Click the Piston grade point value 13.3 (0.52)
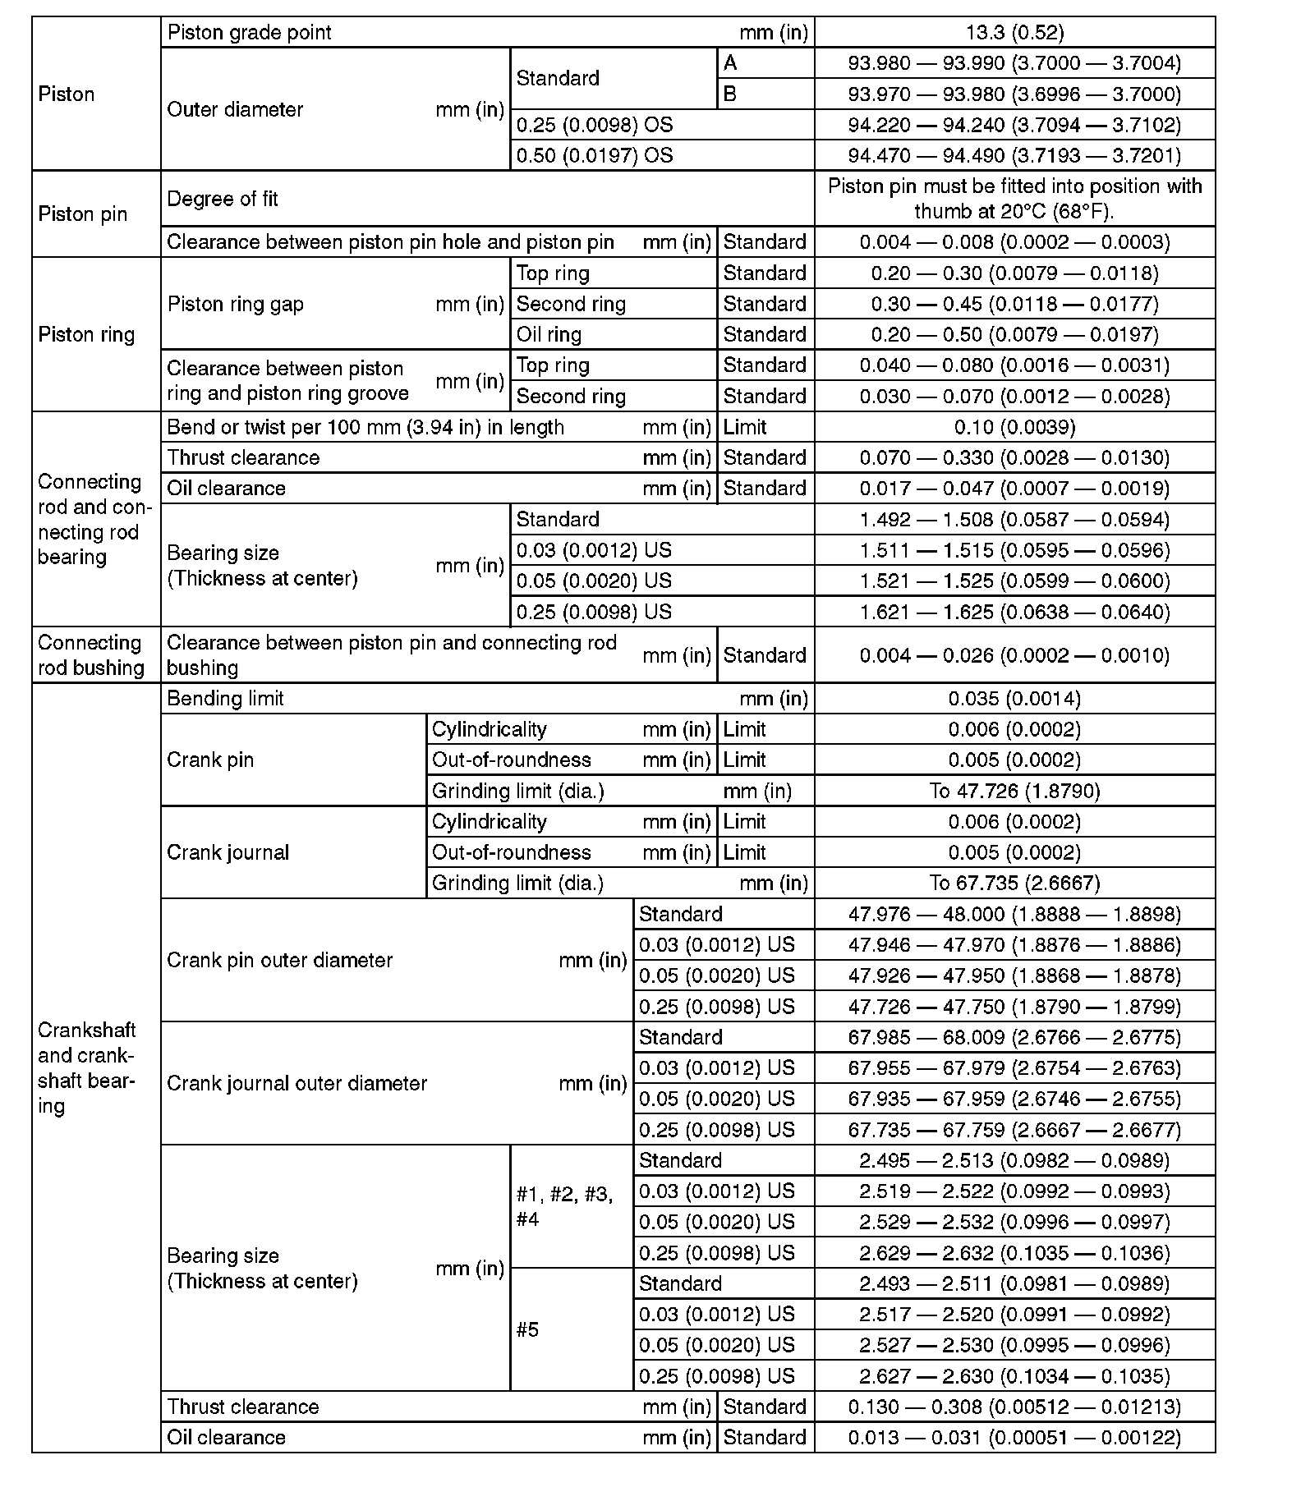point(1014,33)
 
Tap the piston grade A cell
point(730,63)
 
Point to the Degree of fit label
point(223,199)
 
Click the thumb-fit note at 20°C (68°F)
point(1014,199)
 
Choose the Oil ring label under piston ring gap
point(549,335)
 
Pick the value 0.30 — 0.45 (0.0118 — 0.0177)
point(1014,305)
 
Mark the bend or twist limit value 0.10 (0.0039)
point(1014,428)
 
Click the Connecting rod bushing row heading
point(91,655)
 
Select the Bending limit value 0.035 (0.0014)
point(1014,699)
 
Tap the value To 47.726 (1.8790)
point(1014,791)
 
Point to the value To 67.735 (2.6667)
point(1014,884)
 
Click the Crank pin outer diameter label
point(280,960)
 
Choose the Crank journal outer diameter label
point(297,1084)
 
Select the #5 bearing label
point(528,1329)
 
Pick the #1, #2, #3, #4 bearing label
point(563,1206)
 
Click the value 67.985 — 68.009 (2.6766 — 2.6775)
point(1014,1038)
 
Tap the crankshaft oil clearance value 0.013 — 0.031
point(1014,1438)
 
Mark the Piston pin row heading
point(83,214)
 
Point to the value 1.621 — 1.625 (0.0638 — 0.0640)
point(1014,613)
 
